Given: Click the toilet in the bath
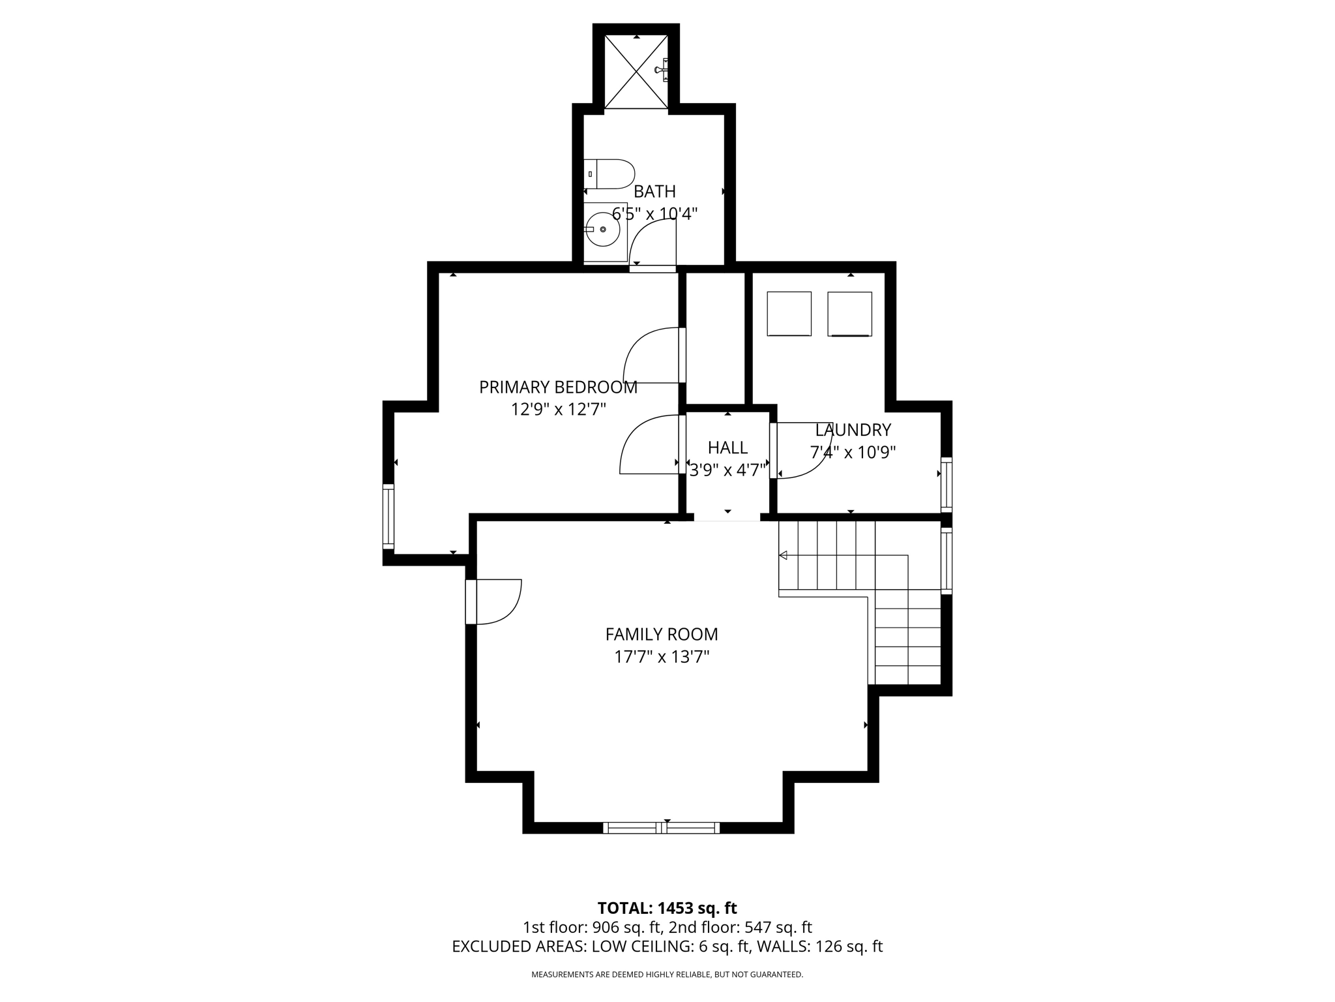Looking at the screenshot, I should pos(609,174).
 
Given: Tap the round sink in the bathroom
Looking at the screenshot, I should pos(602,230).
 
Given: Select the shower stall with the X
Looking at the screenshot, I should pos(636,72).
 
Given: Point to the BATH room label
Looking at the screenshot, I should pos(654,192).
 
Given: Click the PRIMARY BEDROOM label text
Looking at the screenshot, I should pos(558,387).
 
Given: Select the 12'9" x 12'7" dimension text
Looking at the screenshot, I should pos(558,410).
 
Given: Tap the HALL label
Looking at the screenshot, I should pos(727,448).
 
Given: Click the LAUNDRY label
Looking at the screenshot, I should pos(853,430).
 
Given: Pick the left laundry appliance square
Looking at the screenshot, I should pos(789,314).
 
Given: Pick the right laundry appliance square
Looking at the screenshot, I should pos(849,314).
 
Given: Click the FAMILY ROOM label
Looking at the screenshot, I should pos(662,634).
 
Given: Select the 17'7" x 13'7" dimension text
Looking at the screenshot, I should pos(662,656).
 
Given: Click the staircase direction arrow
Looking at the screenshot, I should pos(784,555).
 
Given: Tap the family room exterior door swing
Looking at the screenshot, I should pos(499,601).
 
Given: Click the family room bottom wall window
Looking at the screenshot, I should pos(661,828).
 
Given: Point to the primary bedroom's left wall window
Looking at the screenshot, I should pos(389,517).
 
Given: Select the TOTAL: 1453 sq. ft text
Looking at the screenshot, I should pos(667,908).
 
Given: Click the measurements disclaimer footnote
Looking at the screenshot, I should pos(667,975).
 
